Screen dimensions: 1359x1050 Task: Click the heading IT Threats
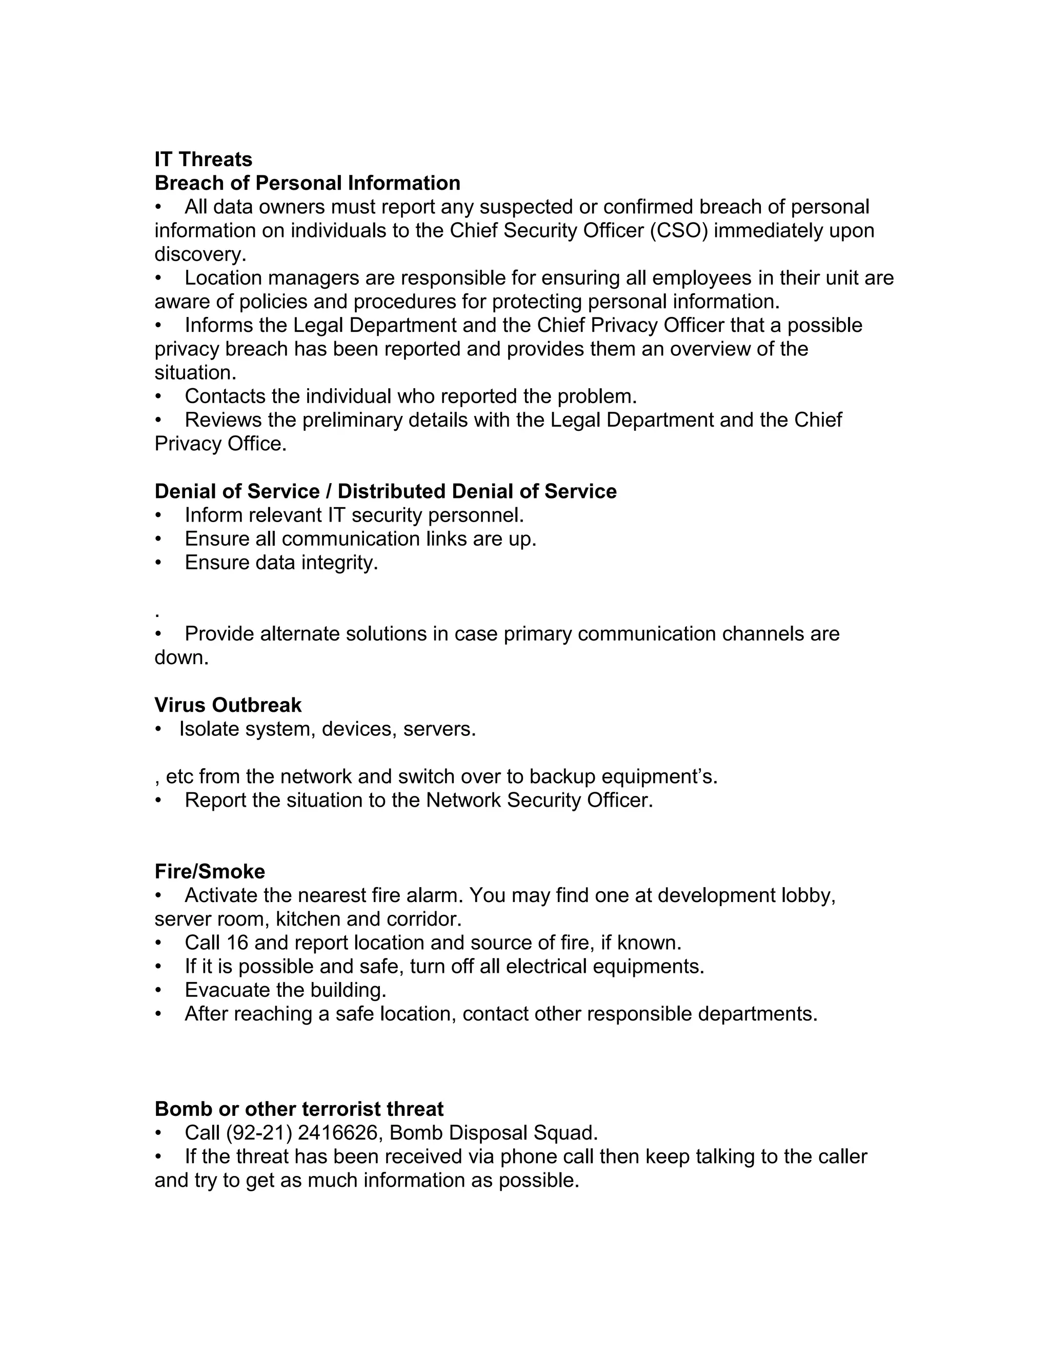[x=203, y=159]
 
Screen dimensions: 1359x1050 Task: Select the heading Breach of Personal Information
[x=307, y=183]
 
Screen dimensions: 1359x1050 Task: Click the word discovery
[x=199, y=254]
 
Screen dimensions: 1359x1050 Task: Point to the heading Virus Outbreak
[x=228, y=705]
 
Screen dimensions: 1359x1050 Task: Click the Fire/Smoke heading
[x=210, y=871]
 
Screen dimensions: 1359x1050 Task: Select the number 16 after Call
[x=237, y=943]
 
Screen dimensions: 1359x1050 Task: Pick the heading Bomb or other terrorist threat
[x=298, y=1109]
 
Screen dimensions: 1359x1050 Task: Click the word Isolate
[x=209, y=729]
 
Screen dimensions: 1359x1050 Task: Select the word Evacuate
[x=227, y=990]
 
